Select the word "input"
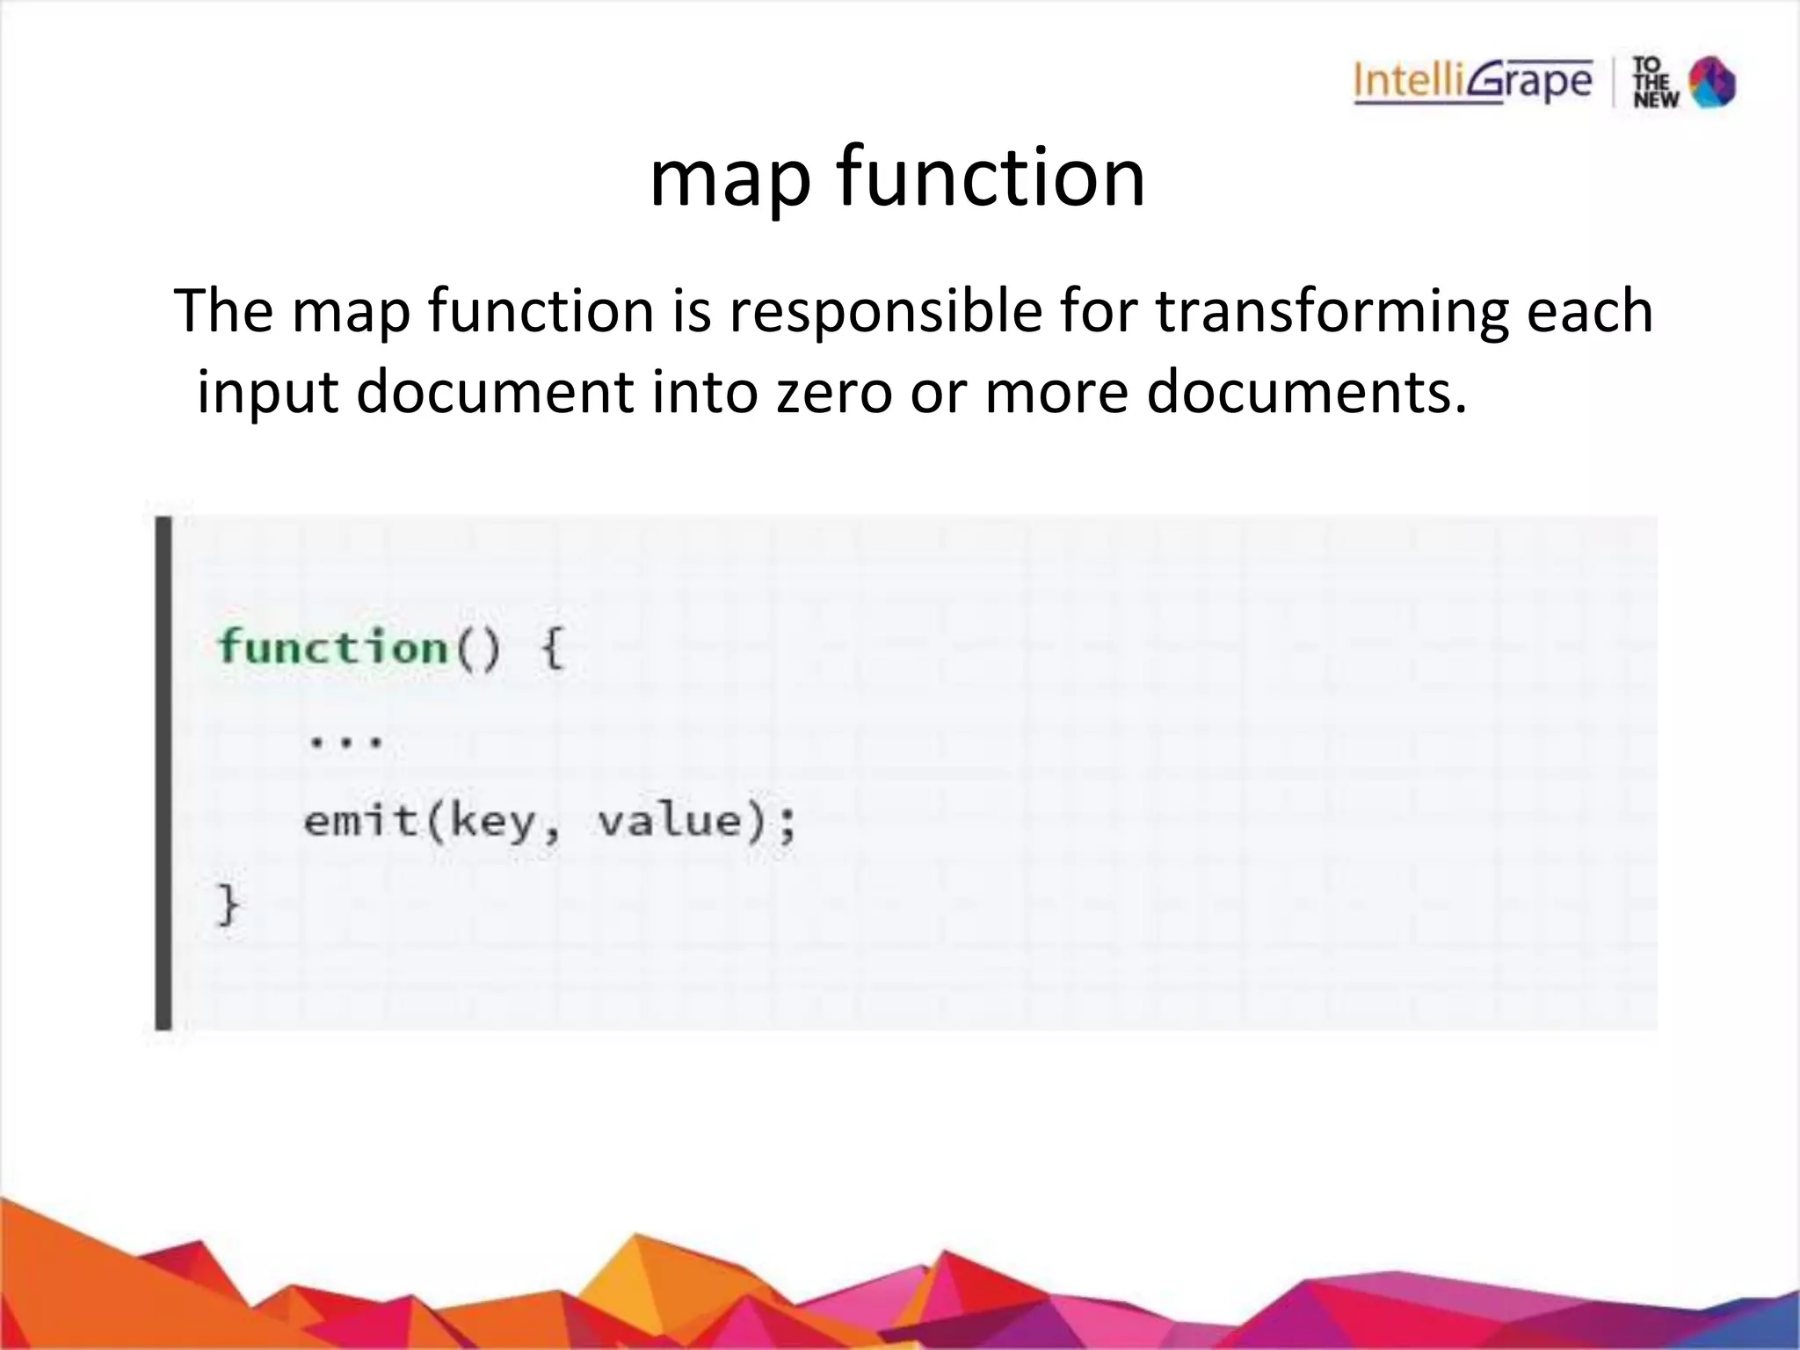coord(267,392)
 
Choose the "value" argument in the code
coord(670,821)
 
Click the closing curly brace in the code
coord(228,904)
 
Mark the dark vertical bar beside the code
coord(163,773)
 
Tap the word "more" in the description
coord(1056,392)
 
